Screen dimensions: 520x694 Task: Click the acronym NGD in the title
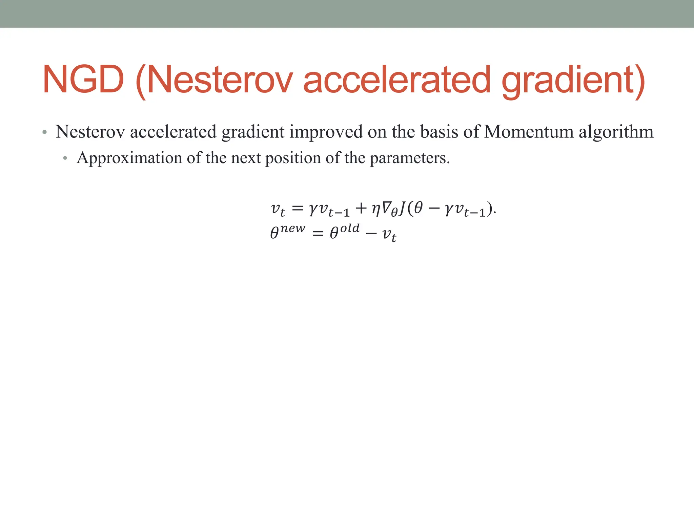pyautogui.click(x=83, y=80)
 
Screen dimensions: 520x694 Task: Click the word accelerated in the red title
pyautogui.click(x=396, y=80)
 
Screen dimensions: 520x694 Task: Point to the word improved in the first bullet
pyautogui.click(x=326, y=132)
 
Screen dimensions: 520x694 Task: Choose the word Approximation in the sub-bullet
pyautogui.click(x=129, y=158)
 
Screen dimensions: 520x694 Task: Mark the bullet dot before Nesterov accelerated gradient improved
pyautogui.click(x=44, y=132)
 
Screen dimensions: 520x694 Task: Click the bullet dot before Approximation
pyautogui.click(x=65, y=158)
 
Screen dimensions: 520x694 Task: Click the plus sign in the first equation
pyautogui.click(x=361, y=208)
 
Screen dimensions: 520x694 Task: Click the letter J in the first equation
pyautogui.click(x=402, y=208)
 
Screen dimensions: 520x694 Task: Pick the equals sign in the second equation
pyautogui.click(x=318, y=234)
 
